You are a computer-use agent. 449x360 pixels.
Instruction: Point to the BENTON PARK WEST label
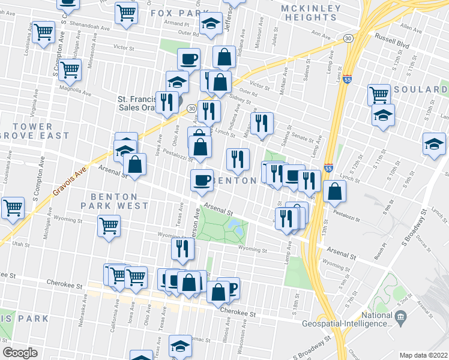coord(119,201)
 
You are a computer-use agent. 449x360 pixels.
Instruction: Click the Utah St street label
coord(20,245)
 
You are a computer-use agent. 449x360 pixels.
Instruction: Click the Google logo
coord(20,352)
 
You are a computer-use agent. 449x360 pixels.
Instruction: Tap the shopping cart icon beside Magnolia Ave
coord(71,70)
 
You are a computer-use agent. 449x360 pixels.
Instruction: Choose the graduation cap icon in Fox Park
coord(211,24)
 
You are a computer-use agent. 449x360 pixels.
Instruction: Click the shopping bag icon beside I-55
coord(334,191)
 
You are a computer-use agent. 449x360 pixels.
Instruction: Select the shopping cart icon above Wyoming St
coord(109,226)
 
